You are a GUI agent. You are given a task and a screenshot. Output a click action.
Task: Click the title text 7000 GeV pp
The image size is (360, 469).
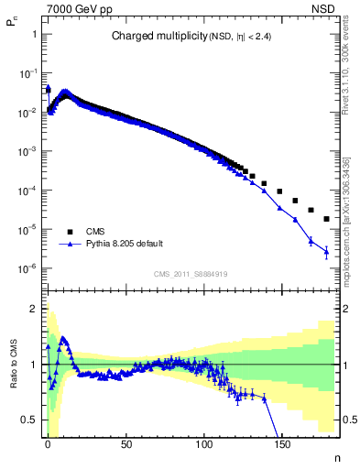[x=76, y=7]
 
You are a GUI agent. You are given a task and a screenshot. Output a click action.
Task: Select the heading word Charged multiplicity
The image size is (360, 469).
[x=150, y=37]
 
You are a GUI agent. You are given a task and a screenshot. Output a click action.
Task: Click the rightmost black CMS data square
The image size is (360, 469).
[x=327, y=219]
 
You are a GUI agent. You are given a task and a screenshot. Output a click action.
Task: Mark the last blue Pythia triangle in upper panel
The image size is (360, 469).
[x=326, y=252]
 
